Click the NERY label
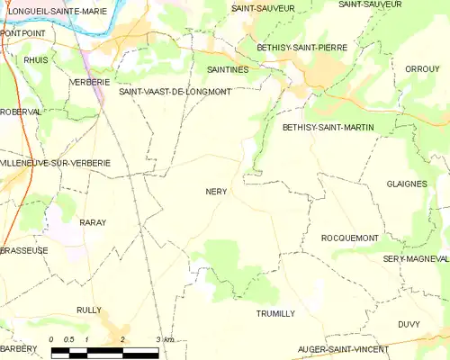216,192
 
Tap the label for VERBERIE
90,81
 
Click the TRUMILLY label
275,313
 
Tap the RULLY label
89,310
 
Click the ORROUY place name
422,68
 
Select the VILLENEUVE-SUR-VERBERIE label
56,163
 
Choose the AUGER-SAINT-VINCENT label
344,348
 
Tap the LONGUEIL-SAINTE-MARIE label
52,11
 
